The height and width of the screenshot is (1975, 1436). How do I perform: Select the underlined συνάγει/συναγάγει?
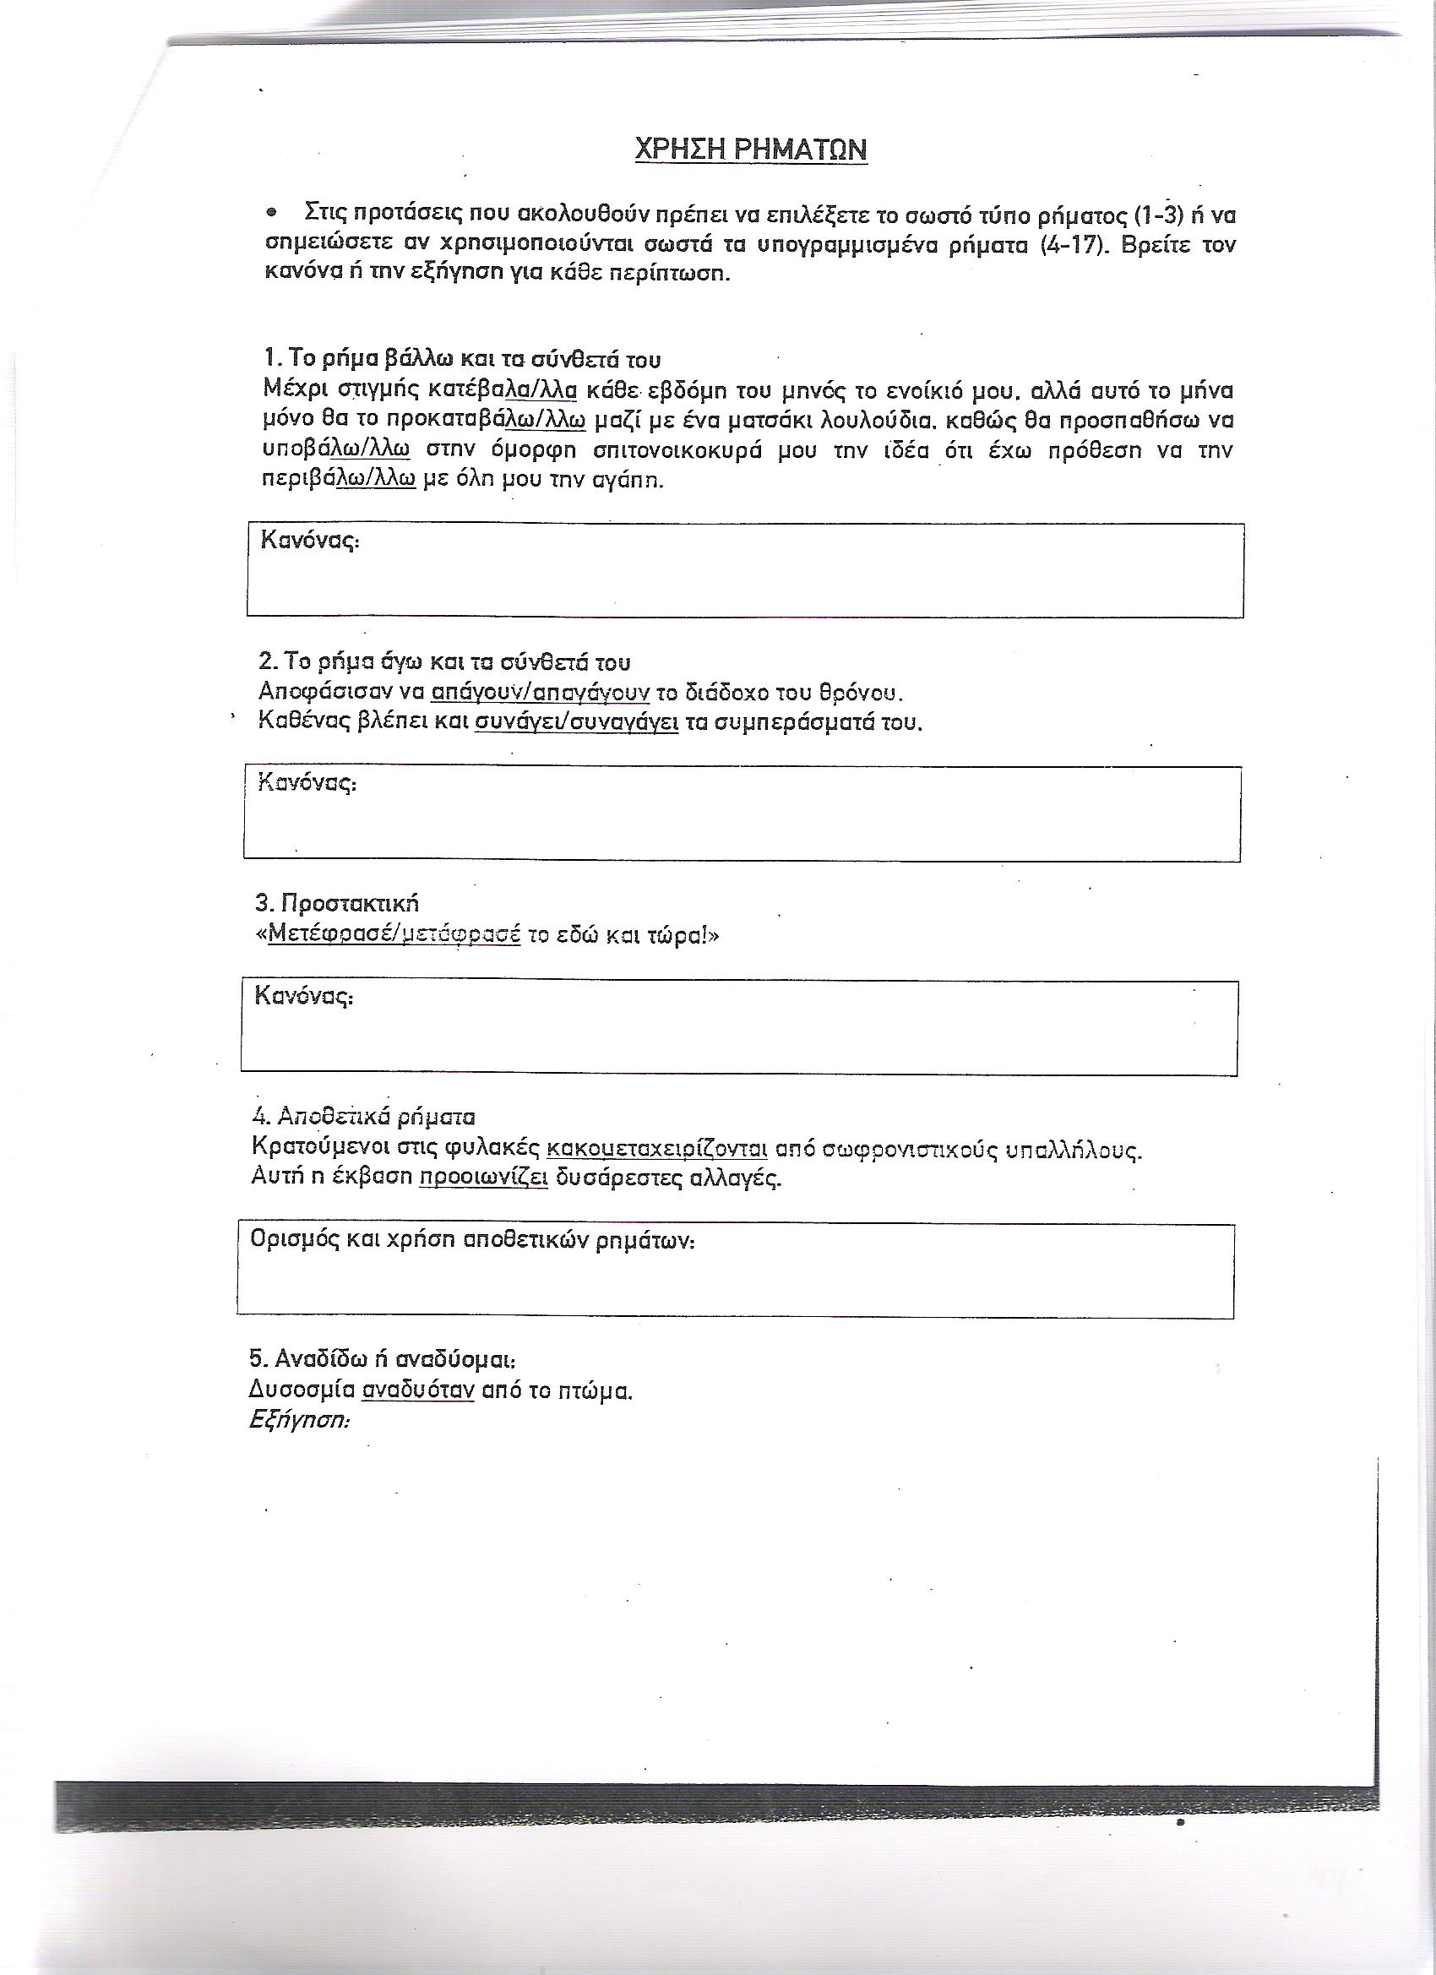576,723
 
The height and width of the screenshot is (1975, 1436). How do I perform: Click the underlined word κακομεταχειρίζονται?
656,1149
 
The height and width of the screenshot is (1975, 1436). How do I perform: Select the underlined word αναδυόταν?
419,1390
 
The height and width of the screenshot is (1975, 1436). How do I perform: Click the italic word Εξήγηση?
299,1419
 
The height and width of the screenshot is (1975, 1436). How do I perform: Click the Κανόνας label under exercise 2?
307,783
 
